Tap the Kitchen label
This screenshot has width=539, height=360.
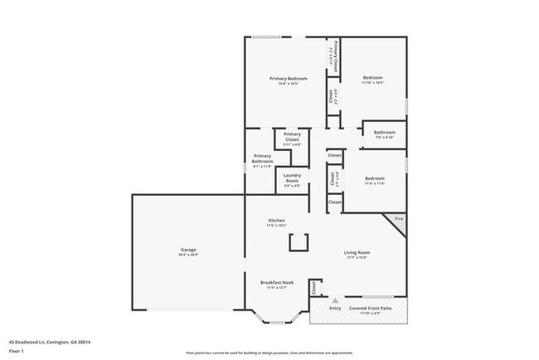click(x=276, y=221)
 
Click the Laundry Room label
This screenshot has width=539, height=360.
click(x=292, y=178)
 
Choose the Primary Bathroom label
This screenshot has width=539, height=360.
click(x=262, y=159)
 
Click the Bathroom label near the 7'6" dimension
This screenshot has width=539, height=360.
click(x=384, y=133)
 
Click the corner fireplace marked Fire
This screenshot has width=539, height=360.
click(x=398, y=220)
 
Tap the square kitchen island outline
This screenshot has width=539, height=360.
click(x=298, y=241)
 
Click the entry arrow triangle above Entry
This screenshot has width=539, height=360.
click(x=334, y=301)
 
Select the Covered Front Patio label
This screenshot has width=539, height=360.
click(x=370, y=309)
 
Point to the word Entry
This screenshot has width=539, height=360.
click(x=334, y=309)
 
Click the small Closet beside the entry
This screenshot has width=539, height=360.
click(x=314, y=289)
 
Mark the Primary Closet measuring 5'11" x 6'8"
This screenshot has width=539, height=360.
click(x=292, y=137)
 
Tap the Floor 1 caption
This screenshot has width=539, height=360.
click(x=17, y=350)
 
